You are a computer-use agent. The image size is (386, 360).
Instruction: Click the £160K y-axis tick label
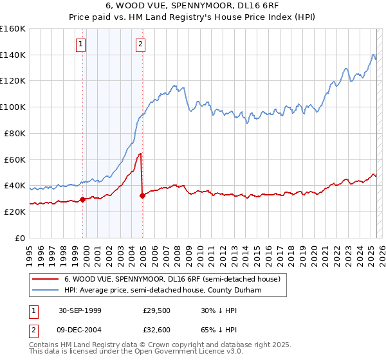point(13,29)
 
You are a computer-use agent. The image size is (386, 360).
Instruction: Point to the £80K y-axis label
point(15,133)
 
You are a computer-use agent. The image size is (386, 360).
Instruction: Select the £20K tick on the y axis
point(15,212)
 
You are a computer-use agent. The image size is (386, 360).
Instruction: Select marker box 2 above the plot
point(140,44)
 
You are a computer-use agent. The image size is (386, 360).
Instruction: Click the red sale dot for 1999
point(83,199)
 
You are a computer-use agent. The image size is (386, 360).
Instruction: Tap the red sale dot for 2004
point(142,195)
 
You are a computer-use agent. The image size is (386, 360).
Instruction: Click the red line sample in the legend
point(45,280)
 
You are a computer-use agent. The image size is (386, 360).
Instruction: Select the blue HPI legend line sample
point(45,291)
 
